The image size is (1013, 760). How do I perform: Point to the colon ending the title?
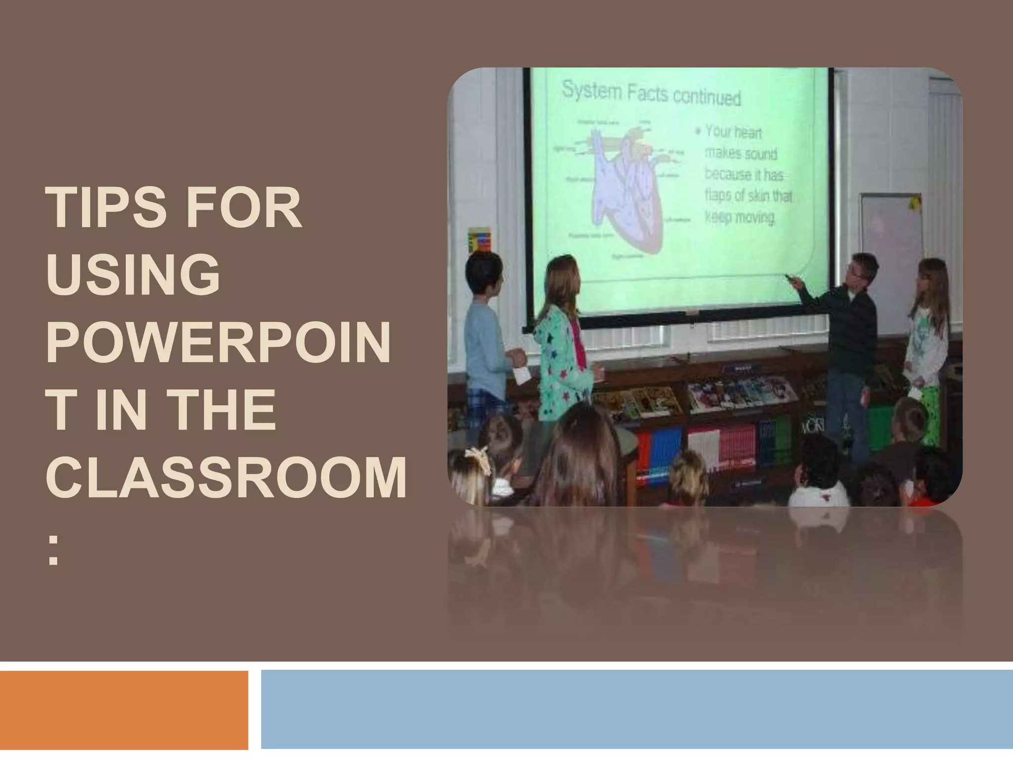[x=53, y=553]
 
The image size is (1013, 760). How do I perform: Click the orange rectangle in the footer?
[x=124, y=710]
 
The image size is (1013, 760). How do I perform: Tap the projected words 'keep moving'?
[x=739, y=218]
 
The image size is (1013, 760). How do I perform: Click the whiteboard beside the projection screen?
[x=890, y=247]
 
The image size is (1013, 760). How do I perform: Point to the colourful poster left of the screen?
[x=479, y=239]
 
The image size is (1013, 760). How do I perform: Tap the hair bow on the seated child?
[x=478, y=457]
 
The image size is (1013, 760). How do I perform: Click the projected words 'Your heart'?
[x=734, y=132]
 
